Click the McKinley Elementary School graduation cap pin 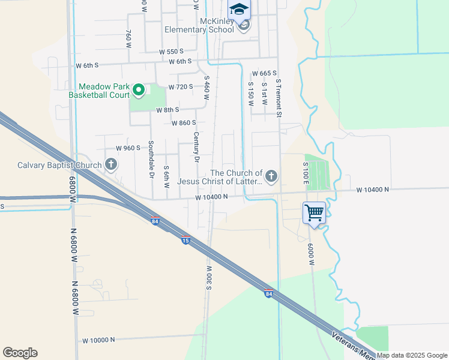239,10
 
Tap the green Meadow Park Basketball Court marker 139,90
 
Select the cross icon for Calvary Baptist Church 110,164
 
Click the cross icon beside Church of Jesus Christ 271,176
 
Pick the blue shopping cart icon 314,212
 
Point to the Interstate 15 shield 186,240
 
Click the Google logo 20,353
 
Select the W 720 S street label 181,87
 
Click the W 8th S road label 168,110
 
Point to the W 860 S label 184,123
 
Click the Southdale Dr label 152,160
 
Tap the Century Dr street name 196,148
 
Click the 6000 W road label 312,254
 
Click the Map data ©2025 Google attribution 412,355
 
